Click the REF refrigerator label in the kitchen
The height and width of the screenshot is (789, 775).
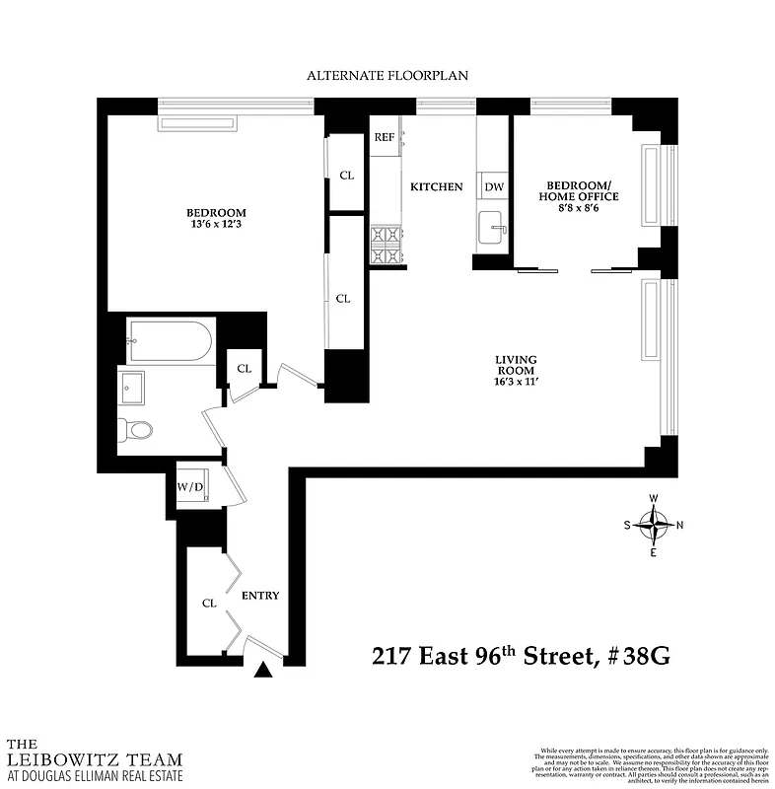pyautogui.click(x=385, y=138)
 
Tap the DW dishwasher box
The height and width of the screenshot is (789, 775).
pyautogui.click(x=494, y=186)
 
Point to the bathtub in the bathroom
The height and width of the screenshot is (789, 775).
pyautogui.click(x=169, y=341)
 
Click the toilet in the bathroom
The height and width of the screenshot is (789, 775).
pyautogui.click(x=134, y=430)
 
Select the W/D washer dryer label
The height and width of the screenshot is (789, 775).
pyautogui.click(x=190, y=486)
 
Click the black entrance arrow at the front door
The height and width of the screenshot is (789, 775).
pyautogui.click(x=263, y=671)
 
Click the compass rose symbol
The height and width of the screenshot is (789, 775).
pyautogui.click(x=653, y=525)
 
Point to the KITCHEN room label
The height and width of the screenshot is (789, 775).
pyautogui.click(x=436, y=186)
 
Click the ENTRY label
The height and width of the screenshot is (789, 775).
pyautogui.click(x=260, y=596)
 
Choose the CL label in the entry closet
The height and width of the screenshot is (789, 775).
pyautogui.click(x=209, y=603)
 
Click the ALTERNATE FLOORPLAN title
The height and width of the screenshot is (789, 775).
pyautogui.click(x=387, y=75)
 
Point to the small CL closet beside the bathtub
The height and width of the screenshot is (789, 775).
pyautogui.click(x=244, y=369)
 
